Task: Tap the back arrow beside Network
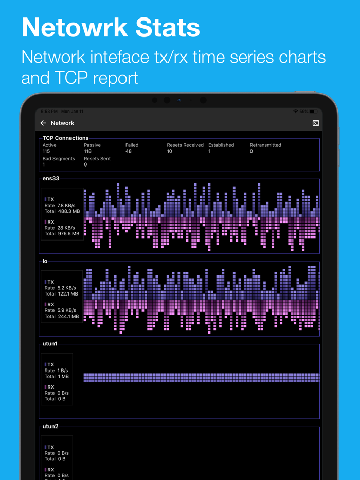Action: coord(43,123)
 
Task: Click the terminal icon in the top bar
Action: coord(316,123)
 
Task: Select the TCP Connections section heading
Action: coord(65,138)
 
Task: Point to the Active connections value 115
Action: coord(46,152)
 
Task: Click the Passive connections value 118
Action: coord(88,152)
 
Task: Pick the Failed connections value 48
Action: coord(129,152)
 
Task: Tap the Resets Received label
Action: coord(185,145)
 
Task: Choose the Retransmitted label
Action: coord(265,145)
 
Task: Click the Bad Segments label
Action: coord(59,159)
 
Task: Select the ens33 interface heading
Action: coord(51,179)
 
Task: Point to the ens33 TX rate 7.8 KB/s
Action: coord(66,206)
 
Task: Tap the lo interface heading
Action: coord(45,262)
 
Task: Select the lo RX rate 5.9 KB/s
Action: coord(66,310)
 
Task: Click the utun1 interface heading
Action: coord(50,344)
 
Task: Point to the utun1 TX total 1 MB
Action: coord(63,377)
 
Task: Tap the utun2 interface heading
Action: coord(50,427)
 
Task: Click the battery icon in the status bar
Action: coord(313,112)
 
